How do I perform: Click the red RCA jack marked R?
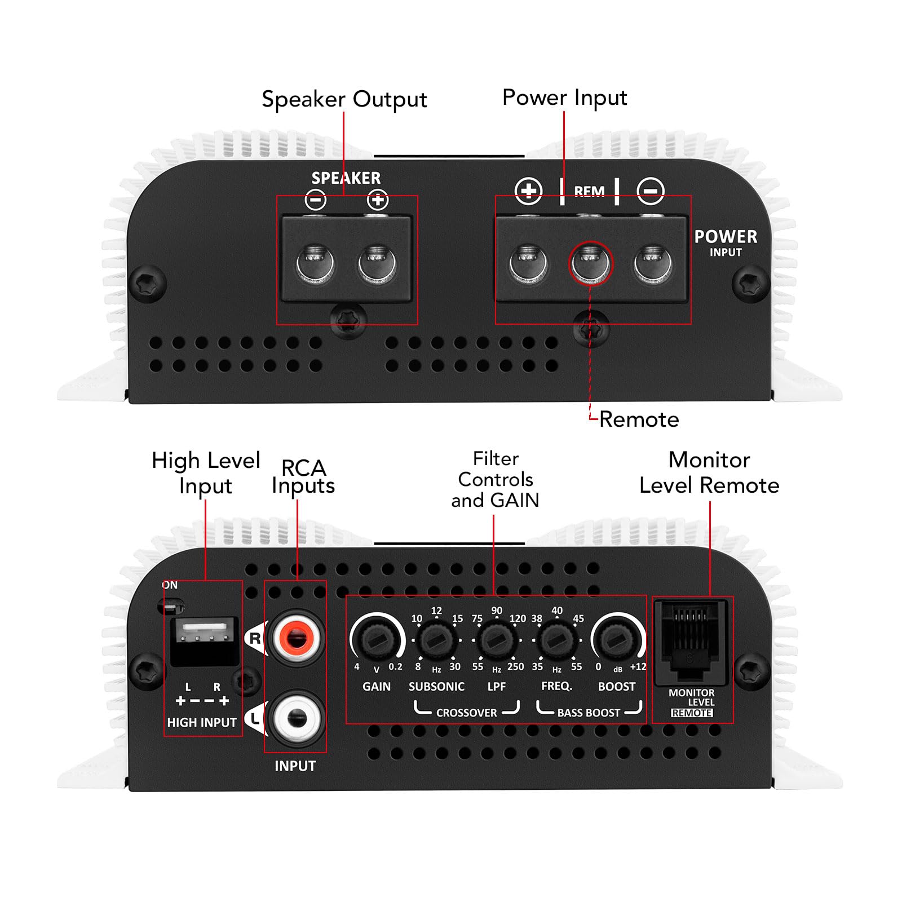(x=297, y=638)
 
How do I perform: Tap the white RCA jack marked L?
(x=297, y=718)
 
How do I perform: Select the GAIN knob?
(x=377, y=640)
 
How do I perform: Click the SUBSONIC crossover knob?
(x=436, y=640)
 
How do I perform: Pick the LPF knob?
(x=496, y=640)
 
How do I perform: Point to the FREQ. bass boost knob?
(x=556, y=640)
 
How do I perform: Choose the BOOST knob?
(x=617, y=640)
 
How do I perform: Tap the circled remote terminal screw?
(x=590, y=263)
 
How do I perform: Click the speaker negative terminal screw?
(x=316, y=263)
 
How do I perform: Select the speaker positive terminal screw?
(x=377, y=263)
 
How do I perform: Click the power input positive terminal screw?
(x=528, y=263)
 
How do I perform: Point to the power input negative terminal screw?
(x=652, y=263)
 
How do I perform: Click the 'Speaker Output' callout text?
(x=344, y=99)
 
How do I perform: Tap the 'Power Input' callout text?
(x=564, y=98)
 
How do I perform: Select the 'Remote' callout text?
(x=639, y=419)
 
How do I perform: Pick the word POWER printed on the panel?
(x=726, y=237)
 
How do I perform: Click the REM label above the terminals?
(x=589, y=192)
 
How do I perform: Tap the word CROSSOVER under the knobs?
(x=466, y=713)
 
